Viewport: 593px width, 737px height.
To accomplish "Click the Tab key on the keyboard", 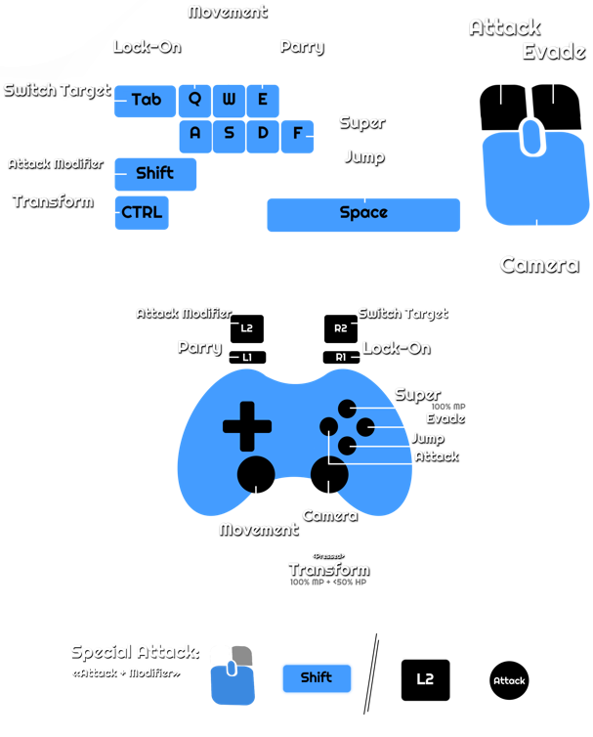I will tap(146, 101).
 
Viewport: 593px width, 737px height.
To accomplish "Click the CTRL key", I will tap(142, 213).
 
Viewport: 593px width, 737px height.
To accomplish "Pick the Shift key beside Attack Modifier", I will tap(155, 174).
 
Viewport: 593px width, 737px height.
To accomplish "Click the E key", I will tap(263, 100).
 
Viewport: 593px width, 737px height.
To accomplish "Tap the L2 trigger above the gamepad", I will tap(247, 328).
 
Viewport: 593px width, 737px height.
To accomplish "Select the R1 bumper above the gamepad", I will tap(341, 359).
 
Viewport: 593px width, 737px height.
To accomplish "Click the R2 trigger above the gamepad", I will tap(341, 328).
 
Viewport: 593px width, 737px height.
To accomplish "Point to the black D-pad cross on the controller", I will tap(248, 427).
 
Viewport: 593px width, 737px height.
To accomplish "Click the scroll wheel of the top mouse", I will tap(532, 137).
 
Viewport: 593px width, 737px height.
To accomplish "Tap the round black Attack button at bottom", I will tap(509, 680).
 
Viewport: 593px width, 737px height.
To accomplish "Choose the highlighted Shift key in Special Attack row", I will tap(317, 678).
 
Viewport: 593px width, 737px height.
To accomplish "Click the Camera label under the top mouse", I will tap(539, 265).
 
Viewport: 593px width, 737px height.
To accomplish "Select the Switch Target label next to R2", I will tap(402, 314).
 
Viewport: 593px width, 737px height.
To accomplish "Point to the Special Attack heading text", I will tap(135, 652).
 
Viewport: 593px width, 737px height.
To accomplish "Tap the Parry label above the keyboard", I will tap(302, 47).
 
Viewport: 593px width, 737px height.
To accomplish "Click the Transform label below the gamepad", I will tap(329, 569).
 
